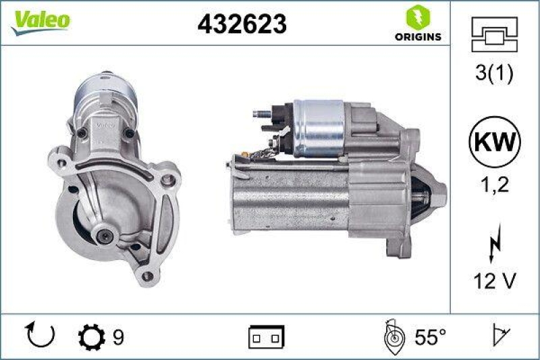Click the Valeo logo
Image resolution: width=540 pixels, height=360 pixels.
click(x=38, y=20)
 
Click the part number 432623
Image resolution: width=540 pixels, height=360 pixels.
click(x=242, y=24)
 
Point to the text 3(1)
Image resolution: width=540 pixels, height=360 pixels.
click(x=494, y=74)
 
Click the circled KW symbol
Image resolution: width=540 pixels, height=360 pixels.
click(x=494, y=143)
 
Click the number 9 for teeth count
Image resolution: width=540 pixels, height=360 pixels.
click(x=118, y=336)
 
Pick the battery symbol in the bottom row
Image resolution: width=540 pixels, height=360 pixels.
click(x=267, y=336)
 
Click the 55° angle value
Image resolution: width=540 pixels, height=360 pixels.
click(x=429, y=336)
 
